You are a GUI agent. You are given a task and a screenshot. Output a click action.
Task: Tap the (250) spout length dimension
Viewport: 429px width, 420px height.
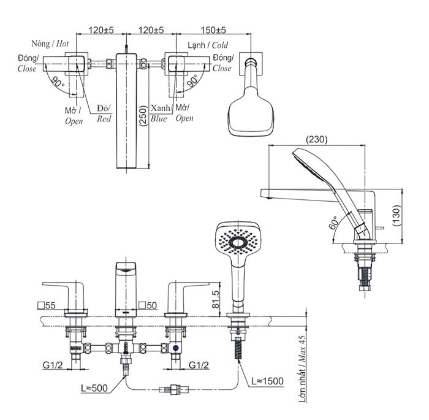pos(142,114)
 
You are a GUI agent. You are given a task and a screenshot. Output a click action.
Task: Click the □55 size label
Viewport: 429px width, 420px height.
pos(46,305)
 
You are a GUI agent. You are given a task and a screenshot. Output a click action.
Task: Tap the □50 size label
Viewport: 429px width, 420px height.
pos(147,305)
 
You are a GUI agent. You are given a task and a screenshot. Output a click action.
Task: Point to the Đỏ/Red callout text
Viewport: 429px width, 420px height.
pos(104,113)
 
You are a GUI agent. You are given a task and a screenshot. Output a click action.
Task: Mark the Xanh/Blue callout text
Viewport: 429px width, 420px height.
pos(159,113)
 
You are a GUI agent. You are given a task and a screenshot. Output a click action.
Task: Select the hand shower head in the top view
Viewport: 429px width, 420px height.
pos(250,112)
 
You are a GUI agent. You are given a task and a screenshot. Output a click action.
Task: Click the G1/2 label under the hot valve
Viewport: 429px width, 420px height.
pos(53,365)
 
